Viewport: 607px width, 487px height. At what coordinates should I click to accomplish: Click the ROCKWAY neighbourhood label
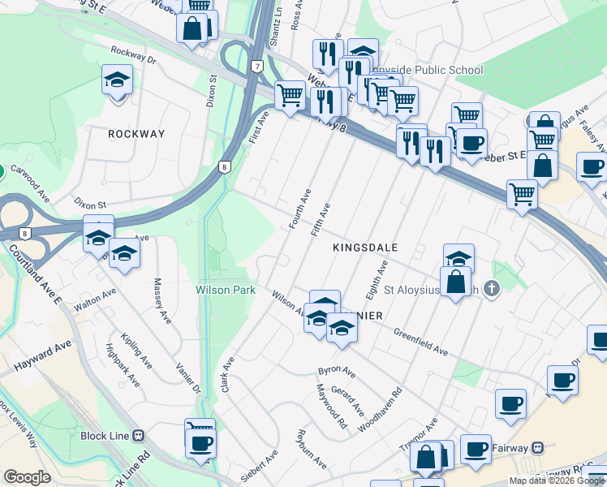tap(136, 134)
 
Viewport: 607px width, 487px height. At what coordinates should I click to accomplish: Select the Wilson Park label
tap(226, 290)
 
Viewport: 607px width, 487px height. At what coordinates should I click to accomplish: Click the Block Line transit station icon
tap(139, 435)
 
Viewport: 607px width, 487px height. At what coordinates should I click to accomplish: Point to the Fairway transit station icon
tap(537, 447)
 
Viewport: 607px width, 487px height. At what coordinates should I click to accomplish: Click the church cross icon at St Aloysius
tap(490, 288)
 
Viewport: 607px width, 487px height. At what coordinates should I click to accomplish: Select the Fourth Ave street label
tap(300, 209)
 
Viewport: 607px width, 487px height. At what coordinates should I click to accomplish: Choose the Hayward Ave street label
tap(43, 356)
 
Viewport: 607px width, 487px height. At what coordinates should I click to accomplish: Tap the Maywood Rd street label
tap(331, 406)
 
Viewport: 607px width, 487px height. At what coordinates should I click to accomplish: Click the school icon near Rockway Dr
tap(117, 81)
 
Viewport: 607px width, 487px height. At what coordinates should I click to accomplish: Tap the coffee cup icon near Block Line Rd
tap(200, 444)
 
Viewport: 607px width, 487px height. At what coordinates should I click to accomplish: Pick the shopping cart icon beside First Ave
tap(290, 96)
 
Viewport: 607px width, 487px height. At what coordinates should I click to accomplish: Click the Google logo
tap(27, 477)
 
